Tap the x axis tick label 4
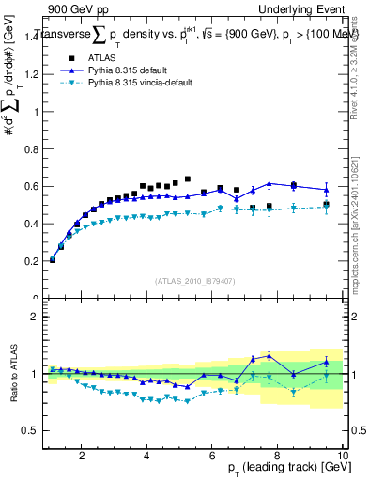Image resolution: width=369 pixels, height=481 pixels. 146,456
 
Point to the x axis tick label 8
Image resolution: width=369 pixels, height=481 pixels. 277,456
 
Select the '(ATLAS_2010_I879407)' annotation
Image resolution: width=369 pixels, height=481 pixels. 196,280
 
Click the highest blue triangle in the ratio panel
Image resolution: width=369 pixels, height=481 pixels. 269,355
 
